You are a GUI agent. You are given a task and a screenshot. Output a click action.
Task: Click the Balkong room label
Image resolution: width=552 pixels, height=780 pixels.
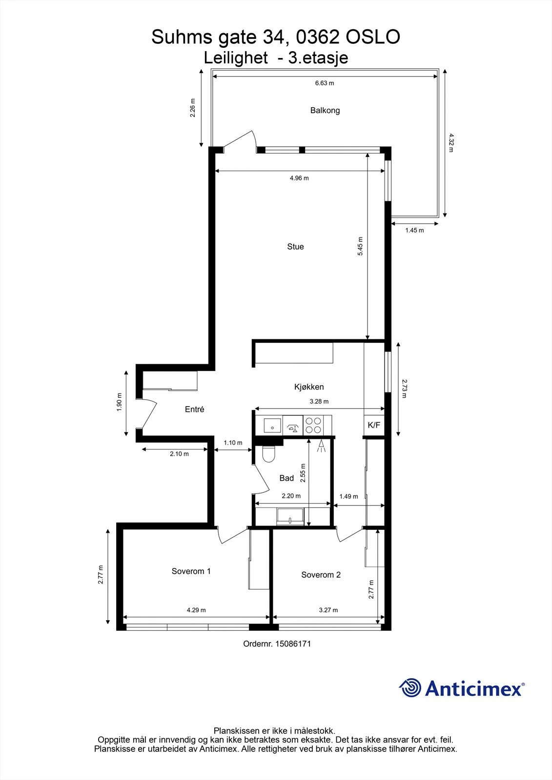[325, 110]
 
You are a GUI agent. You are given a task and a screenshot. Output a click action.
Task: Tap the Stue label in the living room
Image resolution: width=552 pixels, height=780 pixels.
[295, 247]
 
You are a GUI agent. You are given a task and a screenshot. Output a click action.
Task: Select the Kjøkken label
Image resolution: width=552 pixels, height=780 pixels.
[309, 387]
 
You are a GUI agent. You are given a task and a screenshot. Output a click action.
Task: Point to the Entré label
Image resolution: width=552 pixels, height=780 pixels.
[194, 409]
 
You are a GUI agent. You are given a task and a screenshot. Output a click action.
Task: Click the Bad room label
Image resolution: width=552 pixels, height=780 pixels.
[286, 478]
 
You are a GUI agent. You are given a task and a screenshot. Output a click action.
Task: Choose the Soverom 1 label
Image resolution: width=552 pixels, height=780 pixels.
[191, 571]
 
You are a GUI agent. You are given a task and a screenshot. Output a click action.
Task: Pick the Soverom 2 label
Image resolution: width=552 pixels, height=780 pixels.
[321, 575]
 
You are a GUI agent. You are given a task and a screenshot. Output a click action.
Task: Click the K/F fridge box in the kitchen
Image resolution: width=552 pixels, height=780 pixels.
[374, 425]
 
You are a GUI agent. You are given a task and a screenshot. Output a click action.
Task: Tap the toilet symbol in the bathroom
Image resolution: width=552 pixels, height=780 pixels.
[268, 453]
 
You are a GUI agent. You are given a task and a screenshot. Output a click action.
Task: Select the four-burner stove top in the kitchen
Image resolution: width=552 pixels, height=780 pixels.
[313, 425]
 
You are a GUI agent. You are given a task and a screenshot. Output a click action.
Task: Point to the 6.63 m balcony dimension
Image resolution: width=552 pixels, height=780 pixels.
[325, 83]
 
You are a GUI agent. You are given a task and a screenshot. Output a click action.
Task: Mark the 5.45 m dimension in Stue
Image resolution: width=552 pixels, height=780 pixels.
[360, 246]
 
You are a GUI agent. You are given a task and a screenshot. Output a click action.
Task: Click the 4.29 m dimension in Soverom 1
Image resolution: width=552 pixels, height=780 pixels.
[196, 610]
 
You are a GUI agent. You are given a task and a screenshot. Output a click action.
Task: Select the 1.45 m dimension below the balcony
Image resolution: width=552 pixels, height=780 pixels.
[415, 230]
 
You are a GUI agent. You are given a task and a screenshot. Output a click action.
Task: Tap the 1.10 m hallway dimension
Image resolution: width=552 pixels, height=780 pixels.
[233, 443]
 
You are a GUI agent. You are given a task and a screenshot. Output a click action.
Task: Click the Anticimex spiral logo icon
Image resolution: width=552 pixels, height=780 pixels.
[410, 687]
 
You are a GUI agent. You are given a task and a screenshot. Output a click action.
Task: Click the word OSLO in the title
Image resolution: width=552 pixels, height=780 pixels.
[372, 37]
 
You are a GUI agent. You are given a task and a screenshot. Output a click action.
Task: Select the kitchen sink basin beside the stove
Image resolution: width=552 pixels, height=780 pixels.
[272, 426]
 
